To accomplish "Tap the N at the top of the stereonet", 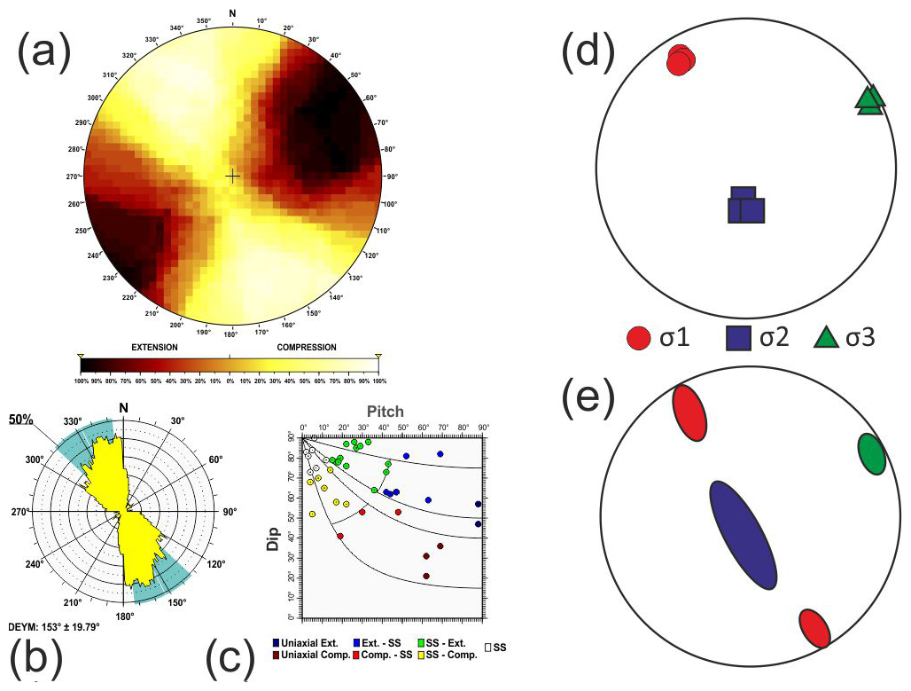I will click(x=232, y=12).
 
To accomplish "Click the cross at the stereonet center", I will click(x=232, y=176).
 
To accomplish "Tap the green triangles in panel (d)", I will click(x=870, y=99).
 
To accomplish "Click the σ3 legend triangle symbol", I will click(x=825, y=338).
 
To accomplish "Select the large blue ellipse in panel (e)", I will click(x=743, y=535).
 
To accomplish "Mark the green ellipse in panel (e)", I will click(x=872, y=454).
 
